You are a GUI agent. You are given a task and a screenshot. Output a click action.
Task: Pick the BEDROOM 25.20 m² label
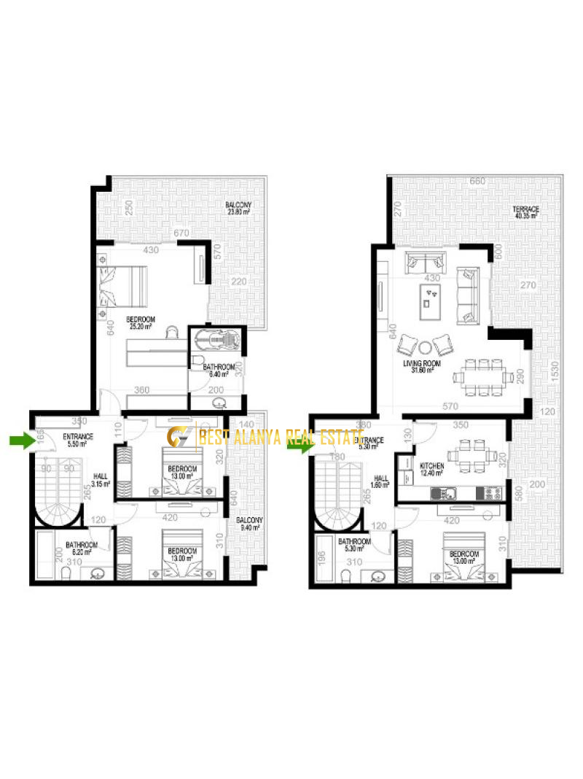pyautogui.click(x=140, y=322)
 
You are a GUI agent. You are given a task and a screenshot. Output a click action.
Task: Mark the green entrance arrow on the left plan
pyautogui.click(x=20, y=440)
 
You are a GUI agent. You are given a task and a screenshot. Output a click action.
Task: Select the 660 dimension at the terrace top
pyautogui.click(x=477, y=181)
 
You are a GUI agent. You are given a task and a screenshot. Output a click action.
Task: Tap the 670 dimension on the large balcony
pyautogui.click(x=181, y=233)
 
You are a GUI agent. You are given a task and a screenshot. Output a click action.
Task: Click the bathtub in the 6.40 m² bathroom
pyautogui.click(x=218, y=339)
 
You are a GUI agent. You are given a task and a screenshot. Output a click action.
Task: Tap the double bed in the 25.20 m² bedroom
pyautogui.click(x=125, y=287)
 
